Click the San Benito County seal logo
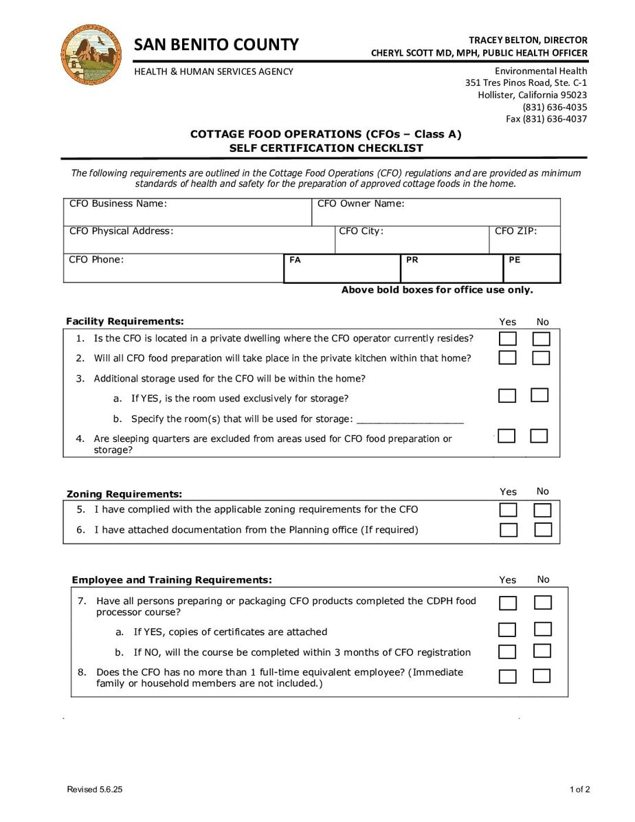click(91, 54)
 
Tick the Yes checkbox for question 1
click(507, 339)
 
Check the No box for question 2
click(542, 358)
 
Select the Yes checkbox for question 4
click(506, 436)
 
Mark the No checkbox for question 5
click(543, 510)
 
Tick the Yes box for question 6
click(509, 530)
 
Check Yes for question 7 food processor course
click(508, 603)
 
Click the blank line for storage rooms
click(410, 421)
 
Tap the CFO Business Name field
click(187, 212)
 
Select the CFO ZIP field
click(525, 240)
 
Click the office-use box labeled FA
click(342, 269)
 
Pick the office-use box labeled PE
click(532, 269)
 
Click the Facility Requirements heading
click(125, 322)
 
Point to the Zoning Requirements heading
click(124, 494)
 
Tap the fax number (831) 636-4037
click(546, 119)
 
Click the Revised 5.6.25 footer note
click(95, 790)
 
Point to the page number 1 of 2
click(579, 790)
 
